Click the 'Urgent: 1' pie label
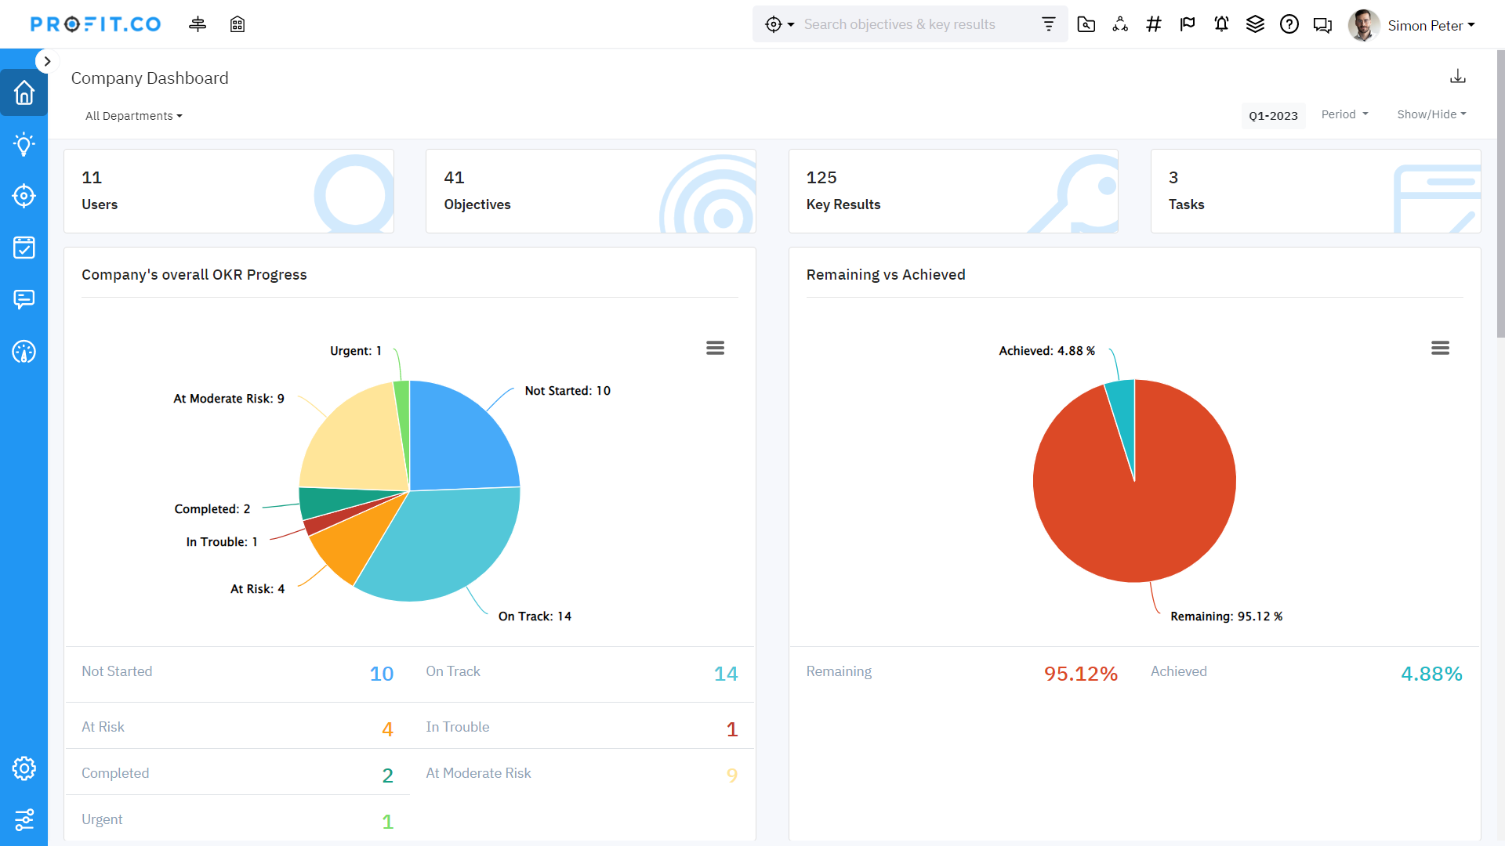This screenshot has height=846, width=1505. click(355, 351)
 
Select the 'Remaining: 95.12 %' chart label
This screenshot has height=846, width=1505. click(1226, 616)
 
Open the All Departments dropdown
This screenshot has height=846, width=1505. click(133, 116)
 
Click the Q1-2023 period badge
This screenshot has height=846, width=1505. click(1273, 116)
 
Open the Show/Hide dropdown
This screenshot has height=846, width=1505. click(1431, 114)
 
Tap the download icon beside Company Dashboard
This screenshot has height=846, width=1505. click(1457, 76)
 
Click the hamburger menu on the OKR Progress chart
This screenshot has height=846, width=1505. click(715, 348)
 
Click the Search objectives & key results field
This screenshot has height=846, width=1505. click(917, 24)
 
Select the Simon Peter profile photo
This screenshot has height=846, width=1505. click(1363, 25)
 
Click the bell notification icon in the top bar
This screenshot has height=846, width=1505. click(1221, 24)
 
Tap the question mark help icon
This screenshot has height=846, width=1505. click(1289, 24)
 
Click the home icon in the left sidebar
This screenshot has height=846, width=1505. click(24, 92)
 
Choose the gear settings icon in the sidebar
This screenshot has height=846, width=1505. click(24, 768)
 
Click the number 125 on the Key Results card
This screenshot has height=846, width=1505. click(821, 178)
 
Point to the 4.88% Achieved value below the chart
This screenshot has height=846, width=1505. click(1431, 674)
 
